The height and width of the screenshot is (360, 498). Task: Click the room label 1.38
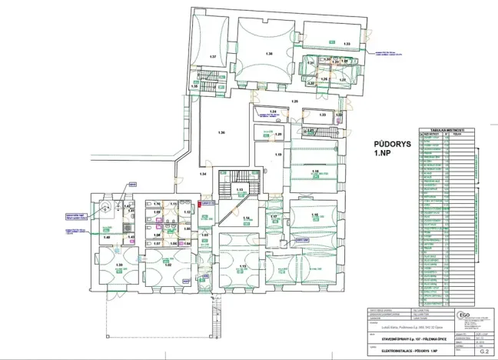269,54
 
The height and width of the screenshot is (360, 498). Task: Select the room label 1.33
347,44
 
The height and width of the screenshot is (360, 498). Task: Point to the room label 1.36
221,133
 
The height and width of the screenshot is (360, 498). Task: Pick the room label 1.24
272,112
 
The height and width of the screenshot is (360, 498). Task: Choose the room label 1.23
322,115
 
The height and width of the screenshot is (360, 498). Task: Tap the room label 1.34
203,175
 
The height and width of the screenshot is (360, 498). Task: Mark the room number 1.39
119,265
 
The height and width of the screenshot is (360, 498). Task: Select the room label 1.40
107,238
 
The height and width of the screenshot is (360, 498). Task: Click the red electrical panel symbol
202,204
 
